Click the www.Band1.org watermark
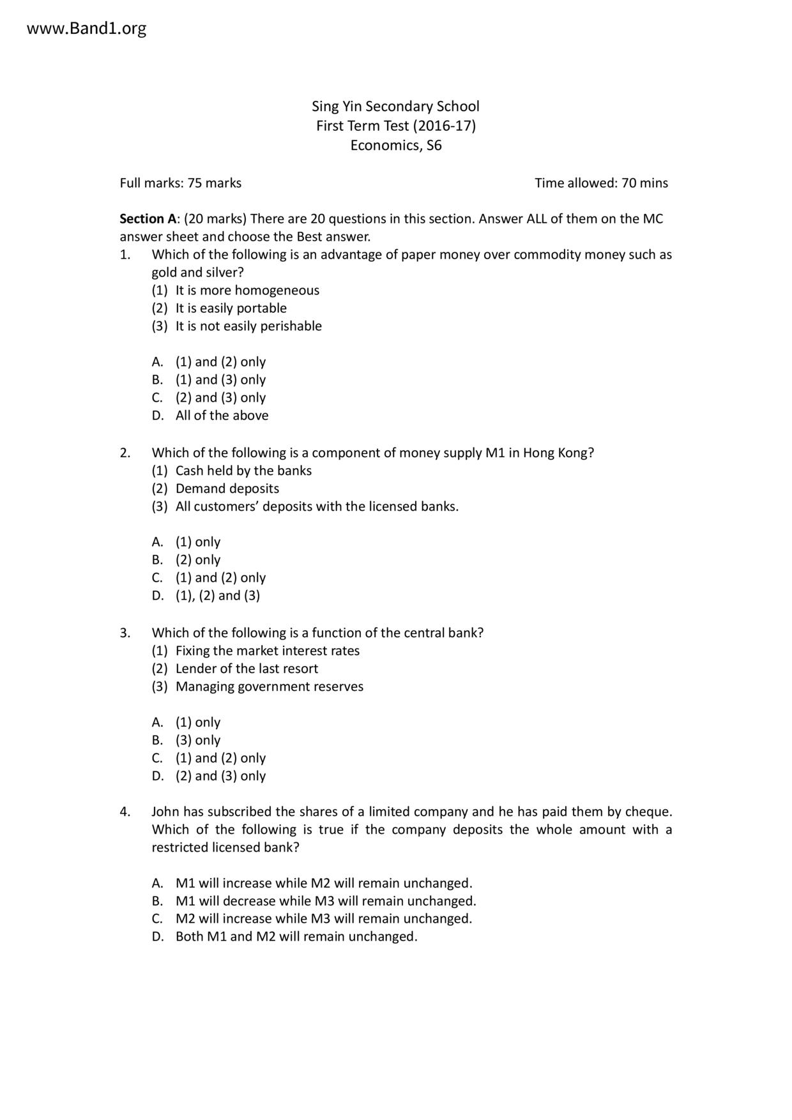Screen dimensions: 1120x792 click(x=87, y=29)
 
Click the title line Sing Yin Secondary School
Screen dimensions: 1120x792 click(x=395, y=106)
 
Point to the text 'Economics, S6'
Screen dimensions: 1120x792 click(x=395, y=146)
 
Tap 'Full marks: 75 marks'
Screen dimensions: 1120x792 click(x=181, y=183)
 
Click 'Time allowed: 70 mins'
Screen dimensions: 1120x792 click(x=601, y=183)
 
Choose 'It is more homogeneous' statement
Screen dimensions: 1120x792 click(x=247, y=291)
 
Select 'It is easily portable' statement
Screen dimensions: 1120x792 click(x=231, y=308)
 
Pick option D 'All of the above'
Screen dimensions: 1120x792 click(x=222, y=416)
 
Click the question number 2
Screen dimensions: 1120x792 click(x=125, y=453)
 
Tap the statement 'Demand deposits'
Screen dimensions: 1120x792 click(x=227, y=488)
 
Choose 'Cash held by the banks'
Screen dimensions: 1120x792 click(x=243, y=471)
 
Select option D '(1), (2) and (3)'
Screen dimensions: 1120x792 click(x=217, y=596)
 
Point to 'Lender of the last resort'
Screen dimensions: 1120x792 click(x=247, y=669)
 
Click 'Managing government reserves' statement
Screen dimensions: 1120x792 click(x=269, y=686)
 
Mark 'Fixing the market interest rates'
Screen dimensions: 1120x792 click(x=267, y=651)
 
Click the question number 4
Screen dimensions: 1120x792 click(x=125, y=812)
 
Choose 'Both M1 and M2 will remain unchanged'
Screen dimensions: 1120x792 click(x=296, y=937)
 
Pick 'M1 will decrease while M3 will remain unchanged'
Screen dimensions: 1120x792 click(x=326, y=901)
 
